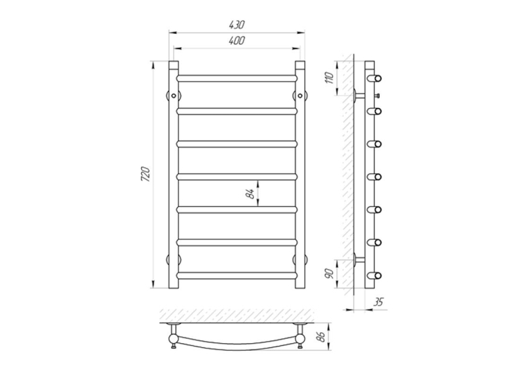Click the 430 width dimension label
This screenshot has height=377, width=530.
tap(237, 25)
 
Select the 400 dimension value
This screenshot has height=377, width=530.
tap(237, 41)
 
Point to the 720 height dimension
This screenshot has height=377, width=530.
tap(145, 174)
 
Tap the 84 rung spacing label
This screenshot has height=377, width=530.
tap(250, 194)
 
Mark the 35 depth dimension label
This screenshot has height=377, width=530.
tap(379, 302)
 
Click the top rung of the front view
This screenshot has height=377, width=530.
tap(237, 78)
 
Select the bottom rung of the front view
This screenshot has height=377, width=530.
tap(237, 275)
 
